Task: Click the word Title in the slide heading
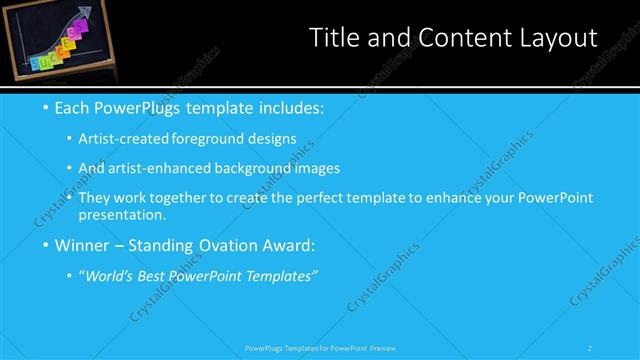click(x=334, y=38)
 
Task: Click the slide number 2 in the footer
click(x=589, y=348)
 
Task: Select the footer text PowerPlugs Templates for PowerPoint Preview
click(x=319, y=348)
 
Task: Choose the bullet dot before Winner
click(x=46, y=244)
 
